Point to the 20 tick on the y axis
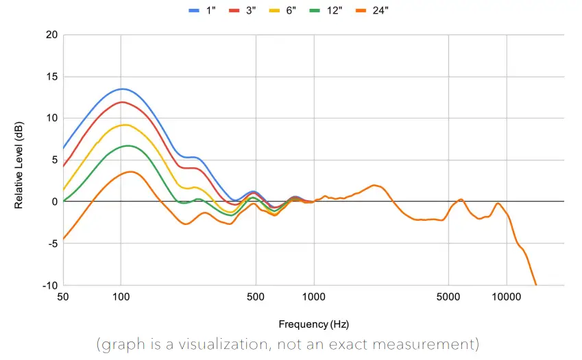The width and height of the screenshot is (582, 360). coord(51,34)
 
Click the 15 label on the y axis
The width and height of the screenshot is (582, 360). coord(51,76)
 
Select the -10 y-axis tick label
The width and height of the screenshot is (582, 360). coord(49,285)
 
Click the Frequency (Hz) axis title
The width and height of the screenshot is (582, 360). coord(313,324)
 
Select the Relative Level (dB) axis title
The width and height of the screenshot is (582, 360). coord(19,160)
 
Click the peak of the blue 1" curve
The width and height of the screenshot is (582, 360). coord(122,89)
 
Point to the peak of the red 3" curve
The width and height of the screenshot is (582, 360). coord(123,102)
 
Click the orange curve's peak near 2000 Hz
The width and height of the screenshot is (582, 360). coord(374,185)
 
